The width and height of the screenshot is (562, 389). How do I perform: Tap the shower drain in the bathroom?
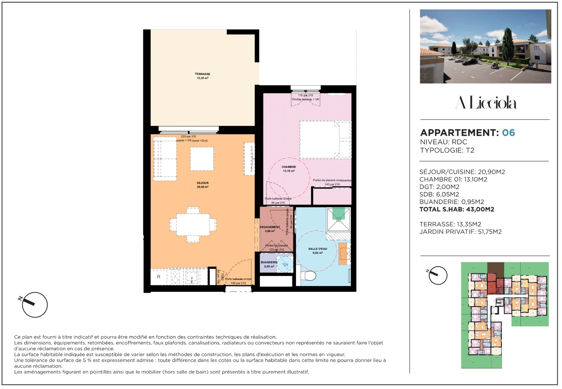[338, 219]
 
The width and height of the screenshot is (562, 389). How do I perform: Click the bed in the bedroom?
[325, 140]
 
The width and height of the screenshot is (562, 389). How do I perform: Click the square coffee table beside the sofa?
[202, 158]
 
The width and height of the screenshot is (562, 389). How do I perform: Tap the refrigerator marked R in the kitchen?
[158, 277]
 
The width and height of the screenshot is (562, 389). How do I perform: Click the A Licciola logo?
[485, 103]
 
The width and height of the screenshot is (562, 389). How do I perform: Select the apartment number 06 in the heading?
[508, 133]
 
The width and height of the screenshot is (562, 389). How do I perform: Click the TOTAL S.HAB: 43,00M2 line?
[457, 209]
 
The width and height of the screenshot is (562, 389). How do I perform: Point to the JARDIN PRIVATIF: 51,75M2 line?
[460, 232]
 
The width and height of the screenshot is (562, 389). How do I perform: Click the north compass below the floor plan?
[34, 304]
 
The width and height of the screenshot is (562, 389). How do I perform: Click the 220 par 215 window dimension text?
[188, 137]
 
